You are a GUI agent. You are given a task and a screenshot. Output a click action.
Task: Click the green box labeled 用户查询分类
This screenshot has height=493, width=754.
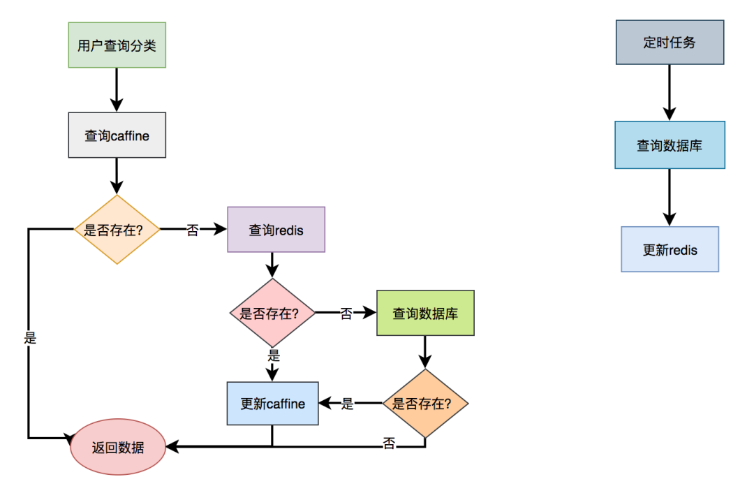click(117, 45)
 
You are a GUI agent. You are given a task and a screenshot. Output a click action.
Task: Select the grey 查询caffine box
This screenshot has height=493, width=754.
click(117, 135)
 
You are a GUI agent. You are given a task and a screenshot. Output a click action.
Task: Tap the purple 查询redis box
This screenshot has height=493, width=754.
click(276, 229)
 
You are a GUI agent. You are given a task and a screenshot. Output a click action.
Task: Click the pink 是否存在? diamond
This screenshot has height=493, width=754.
click(272, 313)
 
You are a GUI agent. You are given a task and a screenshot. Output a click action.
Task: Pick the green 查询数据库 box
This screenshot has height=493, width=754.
click(425, 313)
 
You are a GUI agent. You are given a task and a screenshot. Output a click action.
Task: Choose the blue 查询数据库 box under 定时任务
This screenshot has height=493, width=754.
click(670, 145)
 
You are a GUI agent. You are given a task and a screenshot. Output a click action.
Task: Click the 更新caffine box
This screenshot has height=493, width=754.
click(272, 404)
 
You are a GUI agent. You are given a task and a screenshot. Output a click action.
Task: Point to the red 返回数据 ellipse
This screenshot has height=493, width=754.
click(117, 447)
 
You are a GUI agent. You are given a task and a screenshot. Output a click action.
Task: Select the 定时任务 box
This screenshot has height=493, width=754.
click(670, 43)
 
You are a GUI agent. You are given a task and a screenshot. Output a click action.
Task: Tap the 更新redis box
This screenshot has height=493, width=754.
click(670, 249)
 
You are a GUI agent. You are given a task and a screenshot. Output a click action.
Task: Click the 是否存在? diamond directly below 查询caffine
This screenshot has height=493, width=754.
click(117, 229)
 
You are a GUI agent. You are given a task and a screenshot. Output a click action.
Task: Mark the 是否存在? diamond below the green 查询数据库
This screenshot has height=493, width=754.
click(425, 404)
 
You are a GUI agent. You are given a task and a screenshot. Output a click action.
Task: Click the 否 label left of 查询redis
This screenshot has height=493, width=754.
click(193, 230)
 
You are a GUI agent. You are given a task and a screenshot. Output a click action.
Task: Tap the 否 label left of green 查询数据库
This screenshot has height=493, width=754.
click(346, 314)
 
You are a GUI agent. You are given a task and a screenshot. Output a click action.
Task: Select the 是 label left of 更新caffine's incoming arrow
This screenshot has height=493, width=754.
click(347, 404)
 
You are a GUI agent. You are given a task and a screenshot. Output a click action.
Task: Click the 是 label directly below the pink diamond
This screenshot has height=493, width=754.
click(273, 355)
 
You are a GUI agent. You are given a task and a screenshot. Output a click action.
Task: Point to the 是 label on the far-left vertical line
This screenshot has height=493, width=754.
click(29, 338)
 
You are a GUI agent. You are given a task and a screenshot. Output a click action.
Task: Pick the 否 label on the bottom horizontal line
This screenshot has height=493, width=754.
click(389, 443)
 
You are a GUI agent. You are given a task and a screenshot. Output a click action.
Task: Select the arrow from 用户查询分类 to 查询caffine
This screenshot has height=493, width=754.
click(117, 89)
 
